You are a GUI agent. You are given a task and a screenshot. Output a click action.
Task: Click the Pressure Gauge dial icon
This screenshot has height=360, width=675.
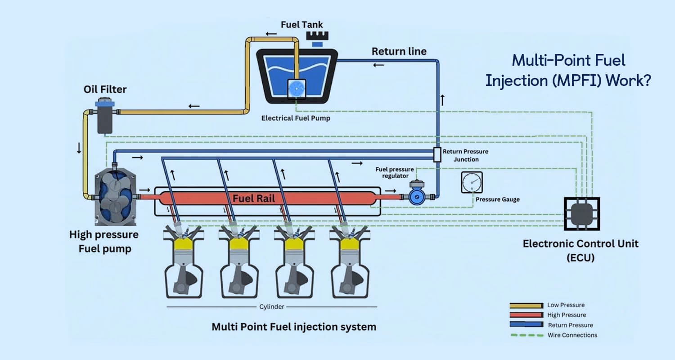pyautogui.click(x=472, y=182)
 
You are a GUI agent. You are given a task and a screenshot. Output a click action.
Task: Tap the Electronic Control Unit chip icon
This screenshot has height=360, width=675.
pyautogui.click(x=581, y=214)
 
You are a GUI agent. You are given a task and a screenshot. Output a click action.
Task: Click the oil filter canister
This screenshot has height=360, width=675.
pyautogui.click(x=105, y=119)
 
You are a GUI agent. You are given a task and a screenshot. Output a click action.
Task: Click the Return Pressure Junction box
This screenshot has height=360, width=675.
pyautogui.click(x=436, y=154)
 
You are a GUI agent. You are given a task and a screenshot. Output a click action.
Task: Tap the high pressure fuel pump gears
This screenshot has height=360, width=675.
pyautogui.click(x=113, y=198)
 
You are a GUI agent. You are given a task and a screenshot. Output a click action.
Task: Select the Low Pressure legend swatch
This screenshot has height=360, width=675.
pyautogui.click(x=526, y=306)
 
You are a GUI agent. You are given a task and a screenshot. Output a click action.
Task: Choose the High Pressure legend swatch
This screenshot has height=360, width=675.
pyautogui.click(x=526, y=315)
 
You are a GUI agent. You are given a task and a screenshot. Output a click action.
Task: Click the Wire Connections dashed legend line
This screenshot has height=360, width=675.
pyautogui.click(x=526, y=335)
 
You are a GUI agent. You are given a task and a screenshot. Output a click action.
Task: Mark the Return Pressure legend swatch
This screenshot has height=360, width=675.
pyautogui.click(x=526, y=325)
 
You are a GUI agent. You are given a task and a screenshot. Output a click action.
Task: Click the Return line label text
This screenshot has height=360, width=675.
pyautogui.click(x=399, y=51)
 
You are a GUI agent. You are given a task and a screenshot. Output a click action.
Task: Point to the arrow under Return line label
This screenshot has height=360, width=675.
pyautogui.click(x=378, y=65)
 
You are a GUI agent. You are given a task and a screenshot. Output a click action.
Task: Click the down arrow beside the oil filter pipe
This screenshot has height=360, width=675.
pyautogui.click(x=79, y=149)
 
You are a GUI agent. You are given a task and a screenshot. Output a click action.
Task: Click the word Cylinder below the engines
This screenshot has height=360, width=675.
pyautogui.click(x=271, y=307)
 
